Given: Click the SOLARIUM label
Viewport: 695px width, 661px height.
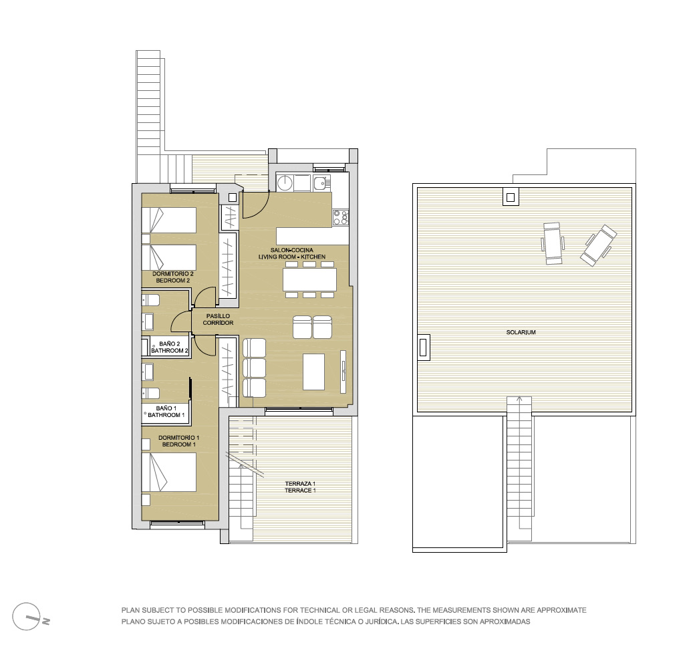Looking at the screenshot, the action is pos(521,332).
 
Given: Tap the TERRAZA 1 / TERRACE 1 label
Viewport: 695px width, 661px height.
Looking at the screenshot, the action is pos(300,487).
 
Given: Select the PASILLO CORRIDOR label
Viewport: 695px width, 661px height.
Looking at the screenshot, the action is pos(218,319).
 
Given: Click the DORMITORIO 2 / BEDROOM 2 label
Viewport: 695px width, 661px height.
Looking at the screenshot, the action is pos(173,277).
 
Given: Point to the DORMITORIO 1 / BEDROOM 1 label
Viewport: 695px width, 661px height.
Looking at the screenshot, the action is pos(178,441).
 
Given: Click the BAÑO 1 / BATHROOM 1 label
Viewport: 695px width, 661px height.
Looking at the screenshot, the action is pos(166,412).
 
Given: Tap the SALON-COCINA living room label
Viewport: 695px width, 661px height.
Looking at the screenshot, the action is pos(292,253).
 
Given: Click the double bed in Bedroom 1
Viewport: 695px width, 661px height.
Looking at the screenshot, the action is pos(169,472).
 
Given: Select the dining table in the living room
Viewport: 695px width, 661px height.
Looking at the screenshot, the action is pos(309,279).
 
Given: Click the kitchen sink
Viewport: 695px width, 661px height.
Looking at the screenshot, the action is pos(321,182).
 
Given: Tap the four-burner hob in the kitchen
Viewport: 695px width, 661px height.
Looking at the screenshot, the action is pos(340,217).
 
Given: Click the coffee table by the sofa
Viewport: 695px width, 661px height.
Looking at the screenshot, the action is pos(314,372).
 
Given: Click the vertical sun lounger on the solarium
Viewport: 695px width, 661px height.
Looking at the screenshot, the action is pos(553,243).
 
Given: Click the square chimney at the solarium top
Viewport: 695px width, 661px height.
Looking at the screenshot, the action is pos(510,197).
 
